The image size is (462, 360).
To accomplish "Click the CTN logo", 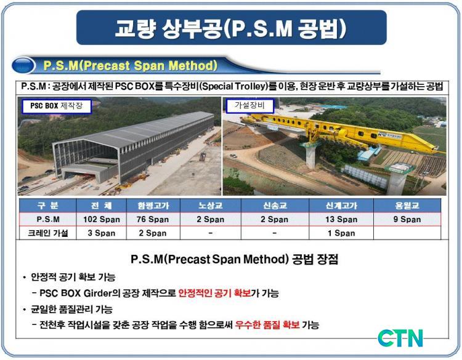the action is (400, 338).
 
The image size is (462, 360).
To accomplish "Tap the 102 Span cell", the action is (102, 219).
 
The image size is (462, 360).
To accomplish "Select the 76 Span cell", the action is (153, 219).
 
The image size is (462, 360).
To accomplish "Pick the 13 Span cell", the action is (341, 219).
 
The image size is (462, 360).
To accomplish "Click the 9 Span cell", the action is (407, 219).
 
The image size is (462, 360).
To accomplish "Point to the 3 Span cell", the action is (102, 233).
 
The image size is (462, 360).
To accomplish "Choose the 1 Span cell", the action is (341, 233).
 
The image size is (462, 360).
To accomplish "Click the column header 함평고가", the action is (153, 206).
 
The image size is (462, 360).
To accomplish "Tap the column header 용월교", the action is (407, 206).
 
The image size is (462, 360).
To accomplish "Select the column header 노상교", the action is (211, 206).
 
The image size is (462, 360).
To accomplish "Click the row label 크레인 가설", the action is (47, 233).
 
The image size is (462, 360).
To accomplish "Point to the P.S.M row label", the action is (48, 219).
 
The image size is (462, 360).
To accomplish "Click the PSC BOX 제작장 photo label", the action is (57, 106).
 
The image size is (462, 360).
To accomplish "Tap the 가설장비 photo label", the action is (250, 106).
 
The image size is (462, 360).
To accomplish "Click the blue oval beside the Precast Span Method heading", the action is (23, 65).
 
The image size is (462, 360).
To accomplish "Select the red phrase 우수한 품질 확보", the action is (267, 325).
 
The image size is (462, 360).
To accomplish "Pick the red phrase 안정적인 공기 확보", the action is (214, 293).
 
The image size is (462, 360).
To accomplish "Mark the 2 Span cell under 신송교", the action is (275, 219).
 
